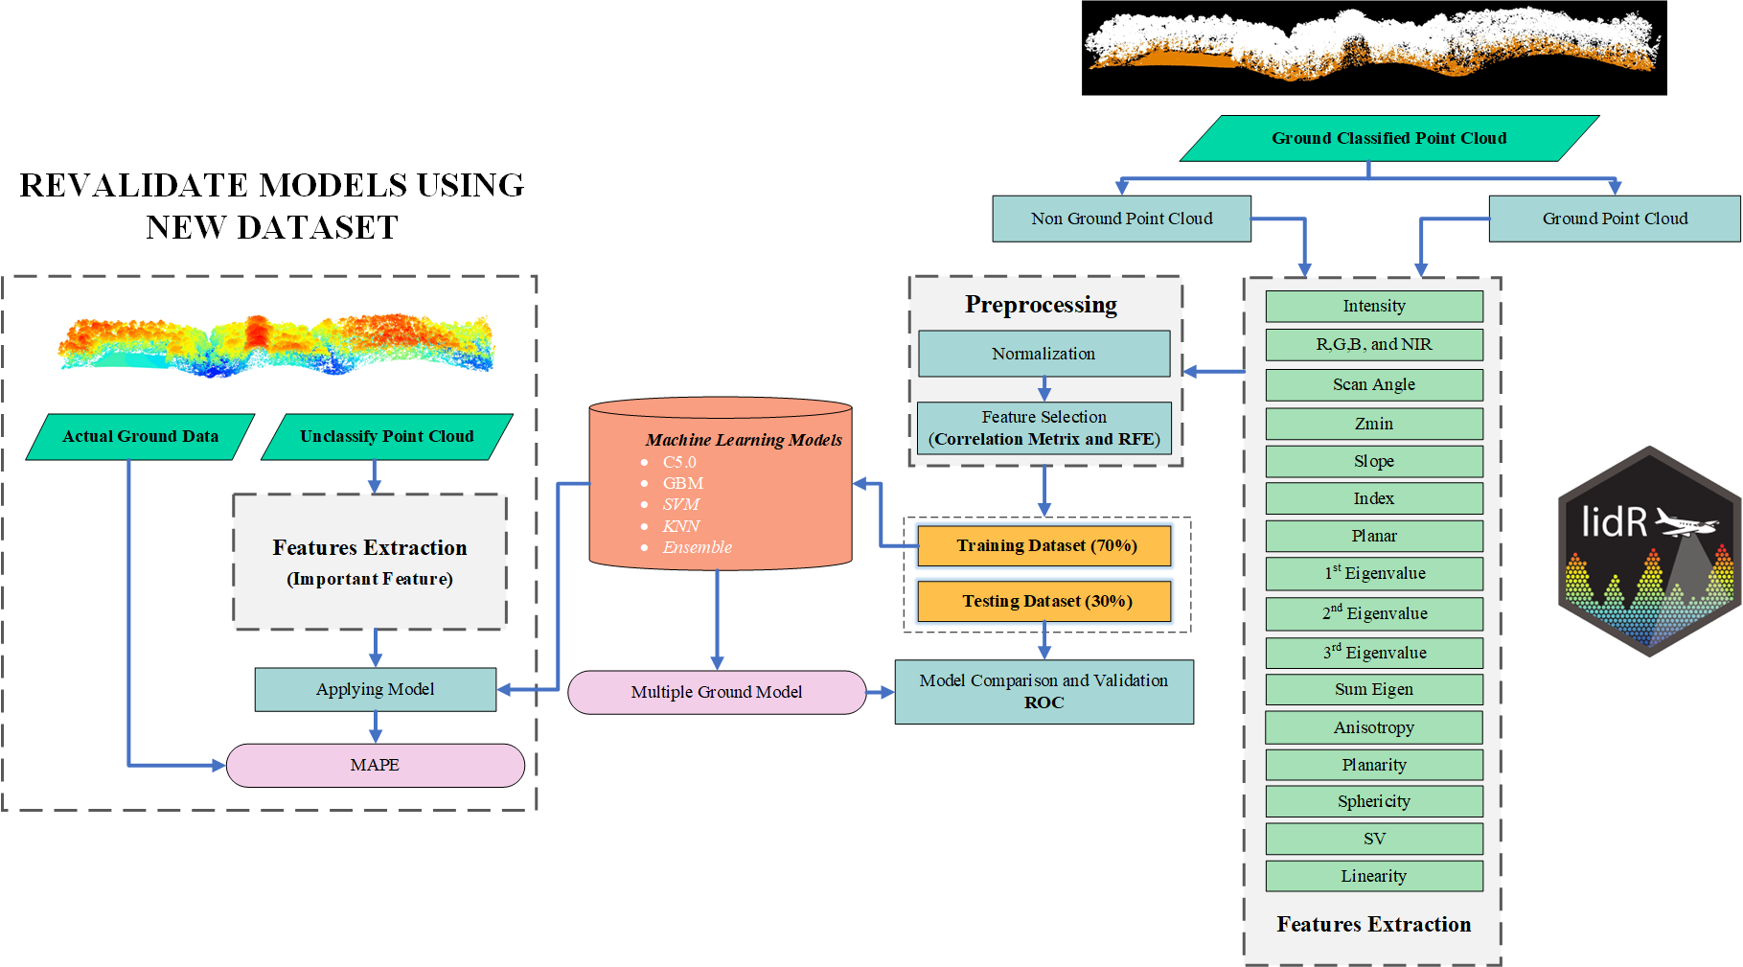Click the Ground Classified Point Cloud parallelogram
tap(1388, 138)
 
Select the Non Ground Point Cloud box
tap(1121, 219)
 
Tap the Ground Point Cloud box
tap(1615, 219)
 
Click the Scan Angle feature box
tap(1373, 384)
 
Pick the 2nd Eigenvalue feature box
tap(1373, 613)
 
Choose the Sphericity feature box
tap(1373, 801)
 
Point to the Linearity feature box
tap(1373, 876)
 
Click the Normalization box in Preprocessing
tap(1044, 354)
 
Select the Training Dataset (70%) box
tap(1044, 545)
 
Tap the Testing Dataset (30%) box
tap(1044, 601)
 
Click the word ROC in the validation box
tap(1044, 702)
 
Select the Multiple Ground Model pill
tap(716, 692)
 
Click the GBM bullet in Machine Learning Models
tap(682, 483)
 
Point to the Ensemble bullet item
tap(697, 547)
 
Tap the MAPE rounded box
tap(375, 765)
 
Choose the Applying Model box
tap(375, 689)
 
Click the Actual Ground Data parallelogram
tap(140, 436)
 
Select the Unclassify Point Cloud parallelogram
tap(386, 436)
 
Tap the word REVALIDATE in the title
tap(135, 185)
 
